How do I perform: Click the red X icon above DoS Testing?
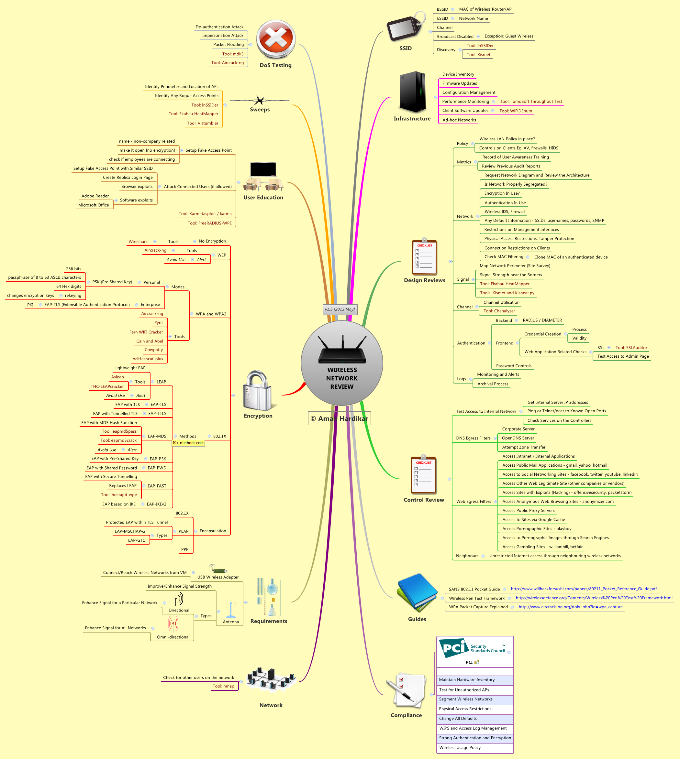click(x=276, y=39)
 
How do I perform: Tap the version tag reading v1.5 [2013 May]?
click(x=340, y=309)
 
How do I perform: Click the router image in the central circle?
click(x=342, y=350)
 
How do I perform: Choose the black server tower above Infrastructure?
click(x=413, y=92)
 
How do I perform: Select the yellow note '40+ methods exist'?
click(x=188, y=443)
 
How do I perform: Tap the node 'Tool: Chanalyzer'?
click(x=499, y=311)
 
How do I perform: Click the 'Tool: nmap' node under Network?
click(x=223, y=686)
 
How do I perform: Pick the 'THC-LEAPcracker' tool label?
click(x=107, y=386)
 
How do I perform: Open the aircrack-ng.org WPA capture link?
click(x=571, y=607)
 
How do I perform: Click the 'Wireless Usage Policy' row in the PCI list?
click(x=475, y=747)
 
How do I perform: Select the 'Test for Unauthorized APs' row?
click(x=475, y=689)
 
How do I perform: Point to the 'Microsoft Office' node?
click(x=94, y=205)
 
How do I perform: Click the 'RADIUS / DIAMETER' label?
click(x=542, y=320)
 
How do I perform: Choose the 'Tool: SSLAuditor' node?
click(x=631, y=348)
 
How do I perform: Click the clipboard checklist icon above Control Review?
click(x=423, y=474)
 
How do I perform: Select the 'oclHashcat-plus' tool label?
click(x=148, y=359)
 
